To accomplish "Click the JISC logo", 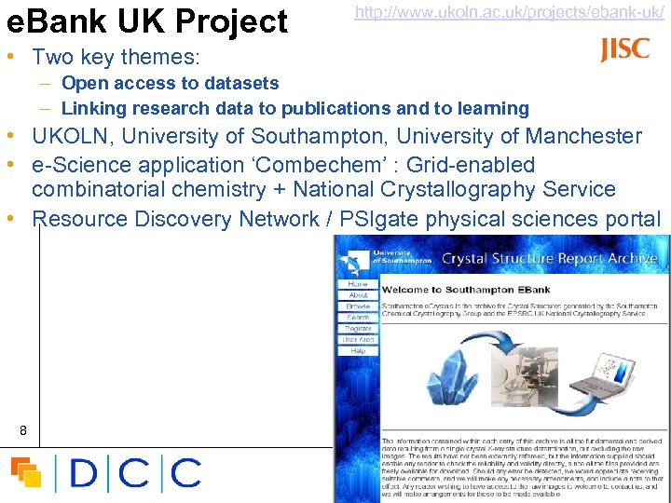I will [625, 49].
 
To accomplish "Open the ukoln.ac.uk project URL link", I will [509, 13].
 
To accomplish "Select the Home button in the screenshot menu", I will [358, 283].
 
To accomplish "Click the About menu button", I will [358, 295].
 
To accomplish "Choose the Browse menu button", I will [358, 306].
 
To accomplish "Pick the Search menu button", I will [358, 318].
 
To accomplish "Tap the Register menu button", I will [358, 329].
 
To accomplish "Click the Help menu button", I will [358, 351].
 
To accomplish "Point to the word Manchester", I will [583, 137].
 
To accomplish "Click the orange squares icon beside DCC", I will [26, 472].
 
